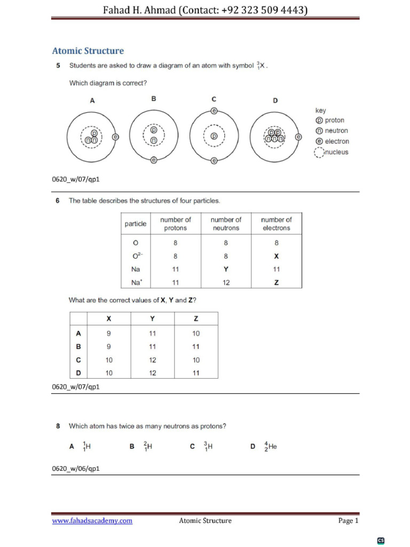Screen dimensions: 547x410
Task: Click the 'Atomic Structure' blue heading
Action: pos(88,51)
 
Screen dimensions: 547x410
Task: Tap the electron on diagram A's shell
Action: pos(116,137)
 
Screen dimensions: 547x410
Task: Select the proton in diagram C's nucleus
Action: pos(214,136)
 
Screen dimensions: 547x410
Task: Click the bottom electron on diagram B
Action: pos(154,160)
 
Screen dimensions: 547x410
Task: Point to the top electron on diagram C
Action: pos(214,111)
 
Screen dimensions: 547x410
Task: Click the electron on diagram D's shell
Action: pos(298,137)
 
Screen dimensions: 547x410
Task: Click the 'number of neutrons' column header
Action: pos(226,224)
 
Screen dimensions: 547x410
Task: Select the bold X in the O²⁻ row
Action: pos(277,256)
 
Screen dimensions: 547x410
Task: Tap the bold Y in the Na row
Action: pos(226,270)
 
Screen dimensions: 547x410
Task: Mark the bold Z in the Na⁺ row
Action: pos(277,283)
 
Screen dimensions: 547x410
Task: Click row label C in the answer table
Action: pos(78,360)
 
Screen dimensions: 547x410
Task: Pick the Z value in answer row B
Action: pos(196,347)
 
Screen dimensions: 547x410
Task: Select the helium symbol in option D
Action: pos(272,447)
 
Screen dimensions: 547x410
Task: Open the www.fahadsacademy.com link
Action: pos(92,521)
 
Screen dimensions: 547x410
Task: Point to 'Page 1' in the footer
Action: pos(349,521)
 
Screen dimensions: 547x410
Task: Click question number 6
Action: pos(58,201)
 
